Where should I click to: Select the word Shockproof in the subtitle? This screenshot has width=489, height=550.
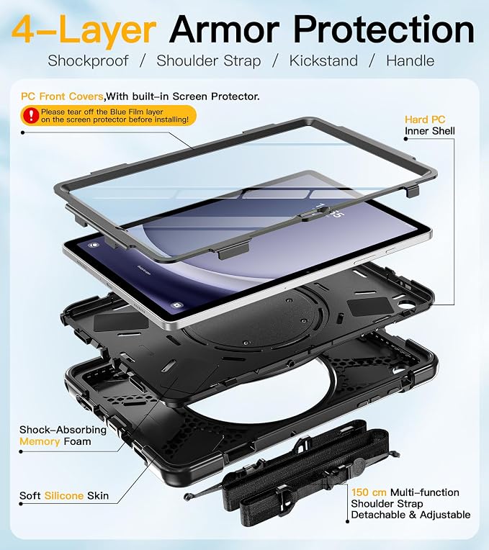click(x=88, y=61)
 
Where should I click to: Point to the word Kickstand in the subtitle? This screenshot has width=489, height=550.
click(x=323, y=60)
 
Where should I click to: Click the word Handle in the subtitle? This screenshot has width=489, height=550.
click(x=410, y=60)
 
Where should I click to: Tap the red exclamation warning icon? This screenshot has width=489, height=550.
click(x=31, y=115)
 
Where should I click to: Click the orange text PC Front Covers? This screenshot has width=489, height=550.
click(x=62, y=96)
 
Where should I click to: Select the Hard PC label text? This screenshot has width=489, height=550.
click(x=425, y=120)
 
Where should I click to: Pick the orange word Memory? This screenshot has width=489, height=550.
click(x=40, y=441)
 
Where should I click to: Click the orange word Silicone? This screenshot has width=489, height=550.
click(x=64, y=495)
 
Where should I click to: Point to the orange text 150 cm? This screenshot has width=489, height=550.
click(x=369, y=492)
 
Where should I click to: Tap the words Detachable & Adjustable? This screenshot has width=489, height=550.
click(x=411, y=515)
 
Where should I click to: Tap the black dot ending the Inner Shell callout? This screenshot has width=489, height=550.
click(x=406, y=139)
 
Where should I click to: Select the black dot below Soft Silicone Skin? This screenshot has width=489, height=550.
click(x=21, y=504)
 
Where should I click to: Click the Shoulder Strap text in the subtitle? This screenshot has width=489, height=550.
click(x=209, y=61)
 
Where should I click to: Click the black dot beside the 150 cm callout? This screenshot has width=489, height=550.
click(x=348, y=521)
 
